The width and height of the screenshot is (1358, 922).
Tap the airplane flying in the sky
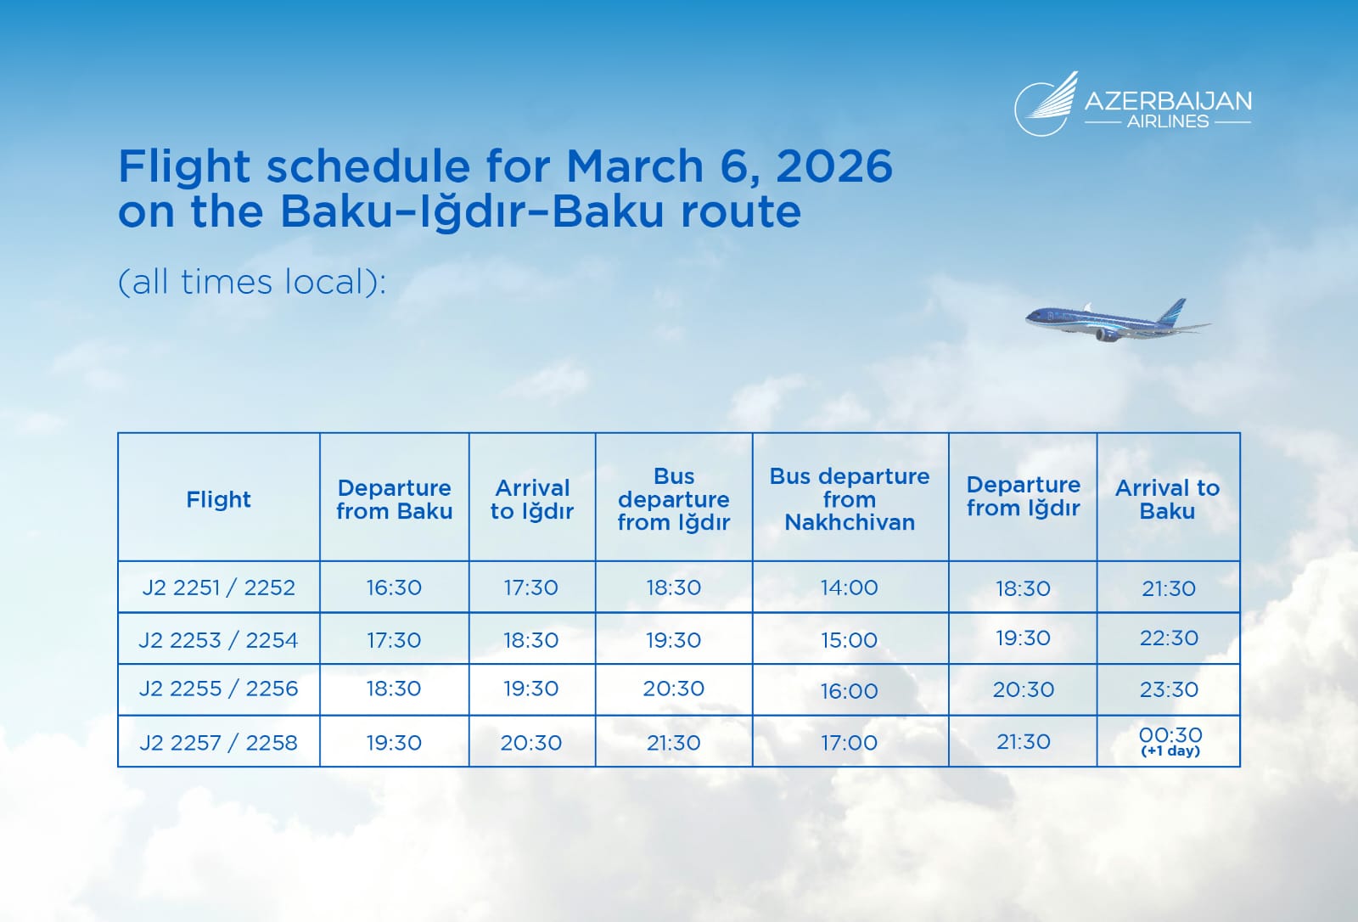(1117, 321)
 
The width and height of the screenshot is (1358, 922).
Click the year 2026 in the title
(834, 166)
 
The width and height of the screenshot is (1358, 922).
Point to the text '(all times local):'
(251, 282)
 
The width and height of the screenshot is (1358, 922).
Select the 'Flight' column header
(218, 499)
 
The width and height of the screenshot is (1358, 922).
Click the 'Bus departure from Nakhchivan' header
(850, 499)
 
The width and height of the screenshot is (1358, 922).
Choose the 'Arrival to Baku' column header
(1167, 499)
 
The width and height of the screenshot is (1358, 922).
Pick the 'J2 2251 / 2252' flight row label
(218, 587)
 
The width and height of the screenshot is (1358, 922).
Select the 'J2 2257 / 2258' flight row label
(218, 743)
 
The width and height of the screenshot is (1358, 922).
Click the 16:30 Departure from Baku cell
(394, 587)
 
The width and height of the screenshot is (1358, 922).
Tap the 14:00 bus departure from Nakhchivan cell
(850, 587)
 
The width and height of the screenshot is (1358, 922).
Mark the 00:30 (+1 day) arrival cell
(1170, 741)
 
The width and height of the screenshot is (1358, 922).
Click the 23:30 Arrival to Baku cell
(1169, 689)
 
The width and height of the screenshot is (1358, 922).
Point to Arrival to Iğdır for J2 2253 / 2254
(531, 640)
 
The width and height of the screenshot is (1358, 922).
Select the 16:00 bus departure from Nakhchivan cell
(850, 691)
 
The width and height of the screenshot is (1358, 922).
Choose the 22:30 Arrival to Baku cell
(1169, 638)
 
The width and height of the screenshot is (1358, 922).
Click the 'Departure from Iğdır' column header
(1024, 496)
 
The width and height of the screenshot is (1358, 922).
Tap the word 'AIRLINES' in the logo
(1168, 121)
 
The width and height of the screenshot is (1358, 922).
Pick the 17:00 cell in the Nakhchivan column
(850, 743)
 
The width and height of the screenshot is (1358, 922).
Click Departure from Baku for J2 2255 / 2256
(394, 689)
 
